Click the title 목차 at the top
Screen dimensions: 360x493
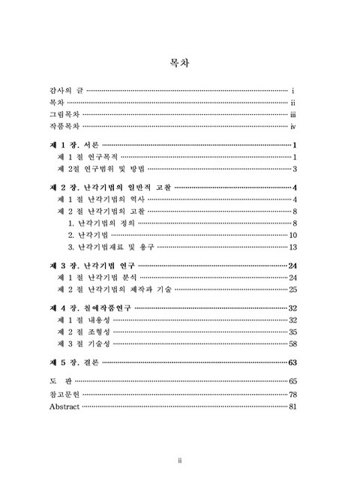179,63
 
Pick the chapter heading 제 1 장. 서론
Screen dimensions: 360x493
73,145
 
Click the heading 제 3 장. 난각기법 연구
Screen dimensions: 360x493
91,266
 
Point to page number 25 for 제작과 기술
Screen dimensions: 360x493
294,290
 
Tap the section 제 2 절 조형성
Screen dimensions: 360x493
80,332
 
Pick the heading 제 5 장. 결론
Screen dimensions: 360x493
73,362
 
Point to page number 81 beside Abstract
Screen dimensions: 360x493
294,406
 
